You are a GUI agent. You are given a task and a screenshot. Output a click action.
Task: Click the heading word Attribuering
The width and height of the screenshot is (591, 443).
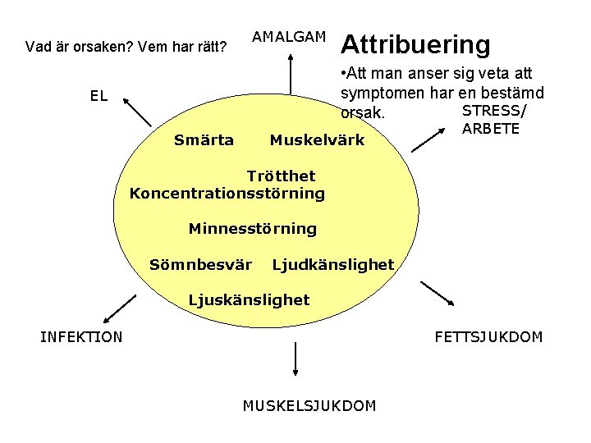click(x=415, y=43)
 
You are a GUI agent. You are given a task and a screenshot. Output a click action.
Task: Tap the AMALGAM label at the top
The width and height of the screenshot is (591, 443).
click(x=288, y=37)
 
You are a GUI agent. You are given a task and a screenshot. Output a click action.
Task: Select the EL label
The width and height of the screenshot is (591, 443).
click(x=98, y=96)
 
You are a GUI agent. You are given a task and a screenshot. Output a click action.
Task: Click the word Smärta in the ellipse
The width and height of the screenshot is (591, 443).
click(x=204, y=140)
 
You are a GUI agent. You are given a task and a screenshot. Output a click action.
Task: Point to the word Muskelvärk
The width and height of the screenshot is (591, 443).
click(x=317, y=140)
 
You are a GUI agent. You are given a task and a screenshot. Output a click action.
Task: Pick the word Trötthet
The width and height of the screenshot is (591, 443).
click(x=282, y=176)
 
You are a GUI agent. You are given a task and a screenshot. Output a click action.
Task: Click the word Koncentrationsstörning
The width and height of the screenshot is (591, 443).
click(x=227, y=194)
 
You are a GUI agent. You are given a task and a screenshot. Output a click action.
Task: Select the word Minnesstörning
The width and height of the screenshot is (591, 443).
click(x=252, y=229)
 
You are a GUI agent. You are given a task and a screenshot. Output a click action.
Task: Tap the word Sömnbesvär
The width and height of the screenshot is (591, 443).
click(x=200, y=265)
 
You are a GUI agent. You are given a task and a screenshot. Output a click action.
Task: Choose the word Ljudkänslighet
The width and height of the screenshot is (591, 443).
click(x=332, y=265)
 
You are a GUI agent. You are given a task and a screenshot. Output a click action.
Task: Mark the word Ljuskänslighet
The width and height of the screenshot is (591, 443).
click(x=249, y=300)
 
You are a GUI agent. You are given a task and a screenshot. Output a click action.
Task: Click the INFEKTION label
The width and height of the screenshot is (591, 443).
click(x=81, y=336)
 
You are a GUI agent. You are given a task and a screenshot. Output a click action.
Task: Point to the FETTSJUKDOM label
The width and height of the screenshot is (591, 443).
click(x=488, y=336)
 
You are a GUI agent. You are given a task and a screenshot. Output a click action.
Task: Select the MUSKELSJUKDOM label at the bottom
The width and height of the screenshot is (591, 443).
click(x=309, y=405)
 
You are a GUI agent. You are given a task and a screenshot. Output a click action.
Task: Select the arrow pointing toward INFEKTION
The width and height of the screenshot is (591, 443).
click(x=117, y=309)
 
